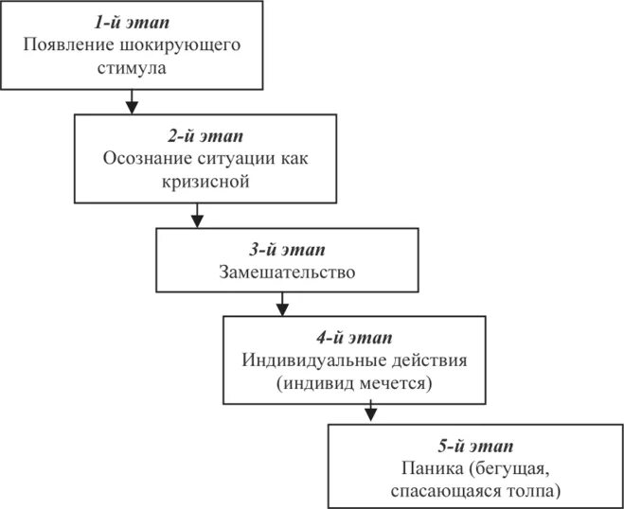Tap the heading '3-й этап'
[286, 250]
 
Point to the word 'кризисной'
[206, 180]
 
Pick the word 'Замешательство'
[286, 273]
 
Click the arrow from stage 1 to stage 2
[130, 100]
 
